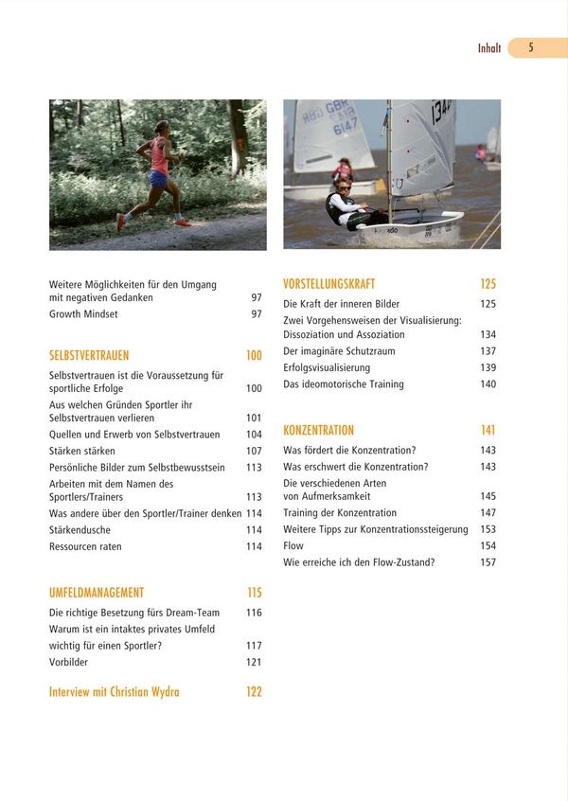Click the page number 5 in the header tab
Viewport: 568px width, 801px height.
531,47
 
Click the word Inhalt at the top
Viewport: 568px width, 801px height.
489,48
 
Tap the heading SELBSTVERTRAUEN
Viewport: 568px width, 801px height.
89,356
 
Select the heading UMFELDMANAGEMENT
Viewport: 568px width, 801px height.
97,593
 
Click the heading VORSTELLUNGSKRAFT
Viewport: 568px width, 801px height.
329,284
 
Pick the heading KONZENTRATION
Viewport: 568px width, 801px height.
318,431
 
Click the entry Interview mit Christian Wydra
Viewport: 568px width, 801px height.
114,692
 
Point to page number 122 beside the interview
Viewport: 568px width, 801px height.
254,692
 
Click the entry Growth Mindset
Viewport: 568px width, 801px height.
83,314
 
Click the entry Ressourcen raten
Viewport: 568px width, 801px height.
85,547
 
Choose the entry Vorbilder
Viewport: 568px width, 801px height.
68,663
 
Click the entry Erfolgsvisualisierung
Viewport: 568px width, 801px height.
327,367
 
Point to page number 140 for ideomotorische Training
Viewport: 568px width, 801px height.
488,384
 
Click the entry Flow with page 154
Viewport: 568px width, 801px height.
293,546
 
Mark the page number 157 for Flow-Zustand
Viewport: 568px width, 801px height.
488,562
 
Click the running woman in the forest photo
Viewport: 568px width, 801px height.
156,175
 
